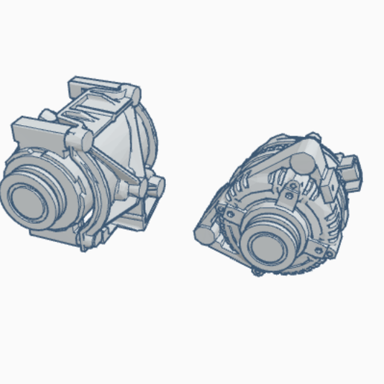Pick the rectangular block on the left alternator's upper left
coord(34,132)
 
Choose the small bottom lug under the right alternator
coord(257,273)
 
